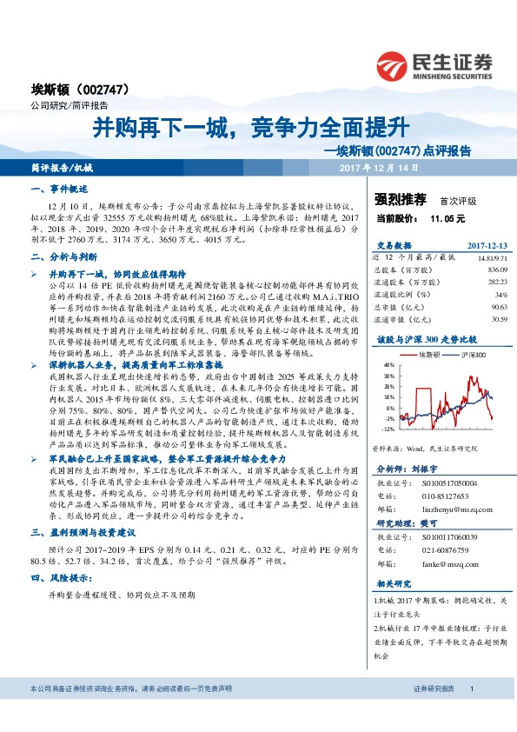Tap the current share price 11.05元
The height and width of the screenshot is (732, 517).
[448, 219]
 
